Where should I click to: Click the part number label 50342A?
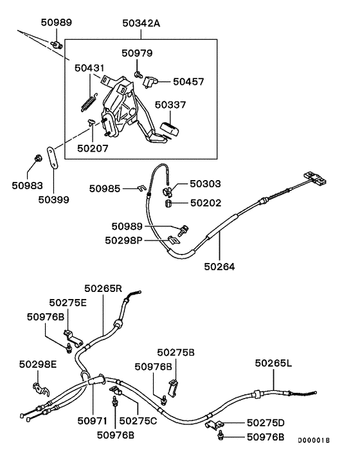point(141,24)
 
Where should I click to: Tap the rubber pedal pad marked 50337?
point(172,127)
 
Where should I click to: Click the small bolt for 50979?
point(138,75)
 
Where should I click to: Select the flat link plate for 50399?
point(54,156)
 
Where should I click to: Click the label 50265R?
point(103,288)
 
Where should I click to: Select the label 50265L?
point(273,363)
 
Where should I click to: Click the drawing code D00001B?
point(313,441)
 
